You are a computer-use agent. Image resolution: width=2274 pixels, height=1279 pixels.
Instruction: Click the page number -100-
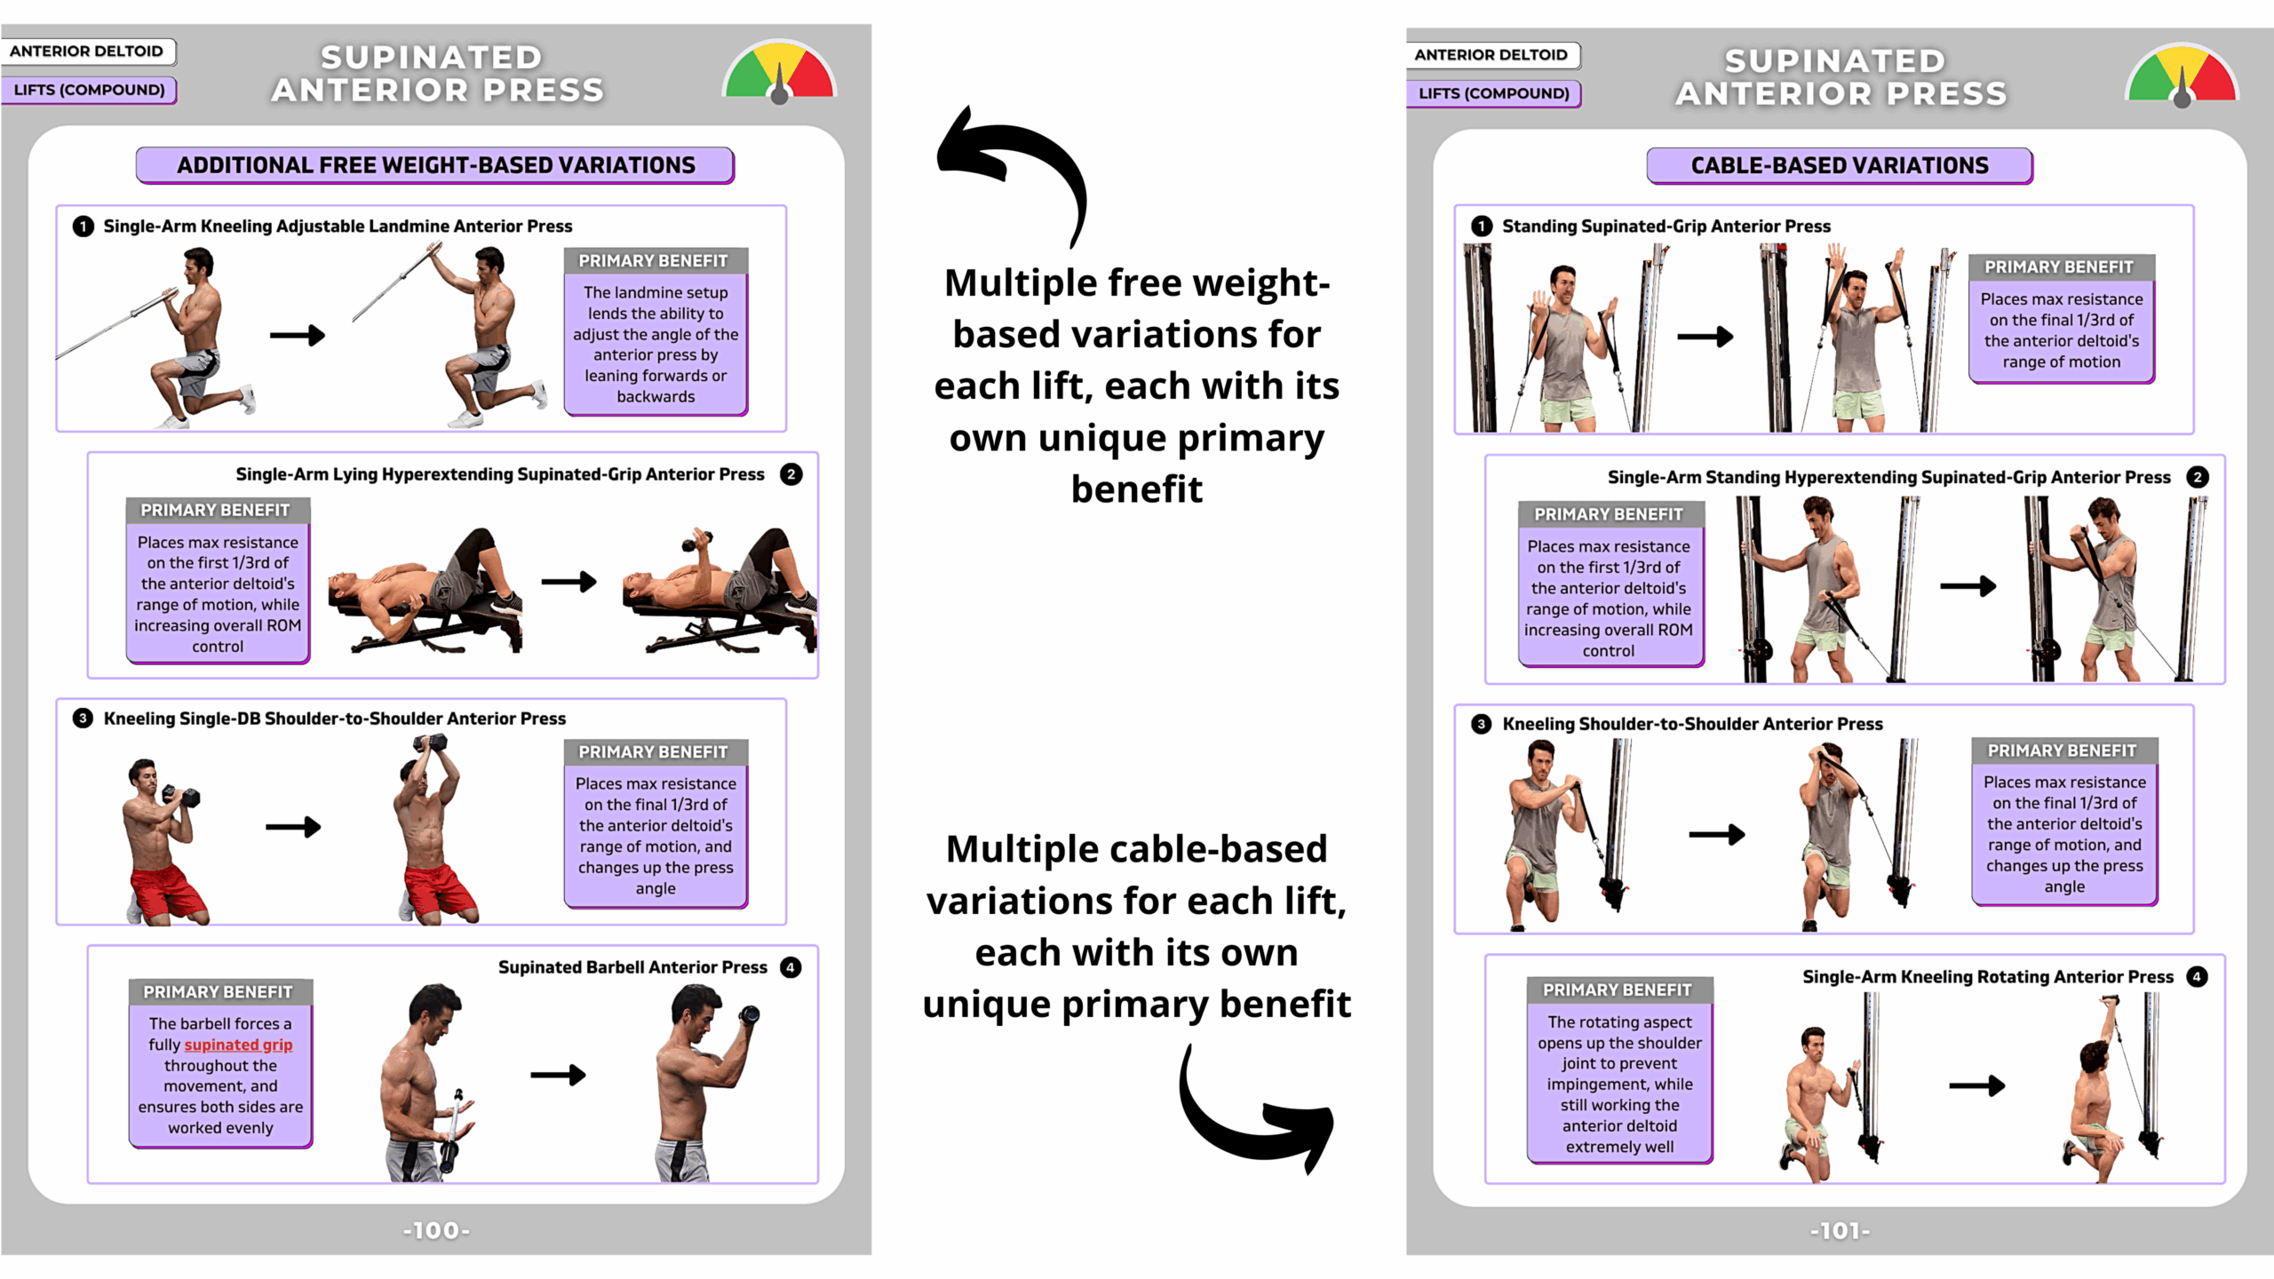click(436, 1230)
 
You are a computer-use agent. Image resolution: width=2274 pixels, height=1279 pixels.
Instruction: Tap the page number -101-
click(1840, 1230)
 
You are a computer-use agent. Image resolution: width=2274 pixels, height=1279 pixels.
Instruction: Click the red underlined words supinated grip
click(238, 1045)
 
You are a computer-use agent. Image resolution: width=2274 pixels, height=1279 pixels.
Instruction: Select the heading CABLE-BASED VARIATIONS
click(1839, 166)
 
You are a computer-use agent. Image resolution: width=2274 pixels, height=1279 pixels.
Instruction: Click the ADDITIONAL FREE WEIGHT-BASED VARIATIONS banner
click(435, 165)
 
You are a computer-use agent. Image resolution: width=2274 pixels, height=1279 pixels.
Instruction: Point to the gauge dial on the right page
click(2182, 75)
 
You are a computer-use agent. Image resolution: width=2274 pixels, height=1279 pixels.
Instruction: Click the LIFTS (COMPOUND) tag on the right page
click(1493, 93)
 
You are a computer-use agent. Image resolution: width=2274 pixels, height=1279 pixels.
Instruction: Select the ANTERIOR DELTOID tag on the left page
click(87, 52)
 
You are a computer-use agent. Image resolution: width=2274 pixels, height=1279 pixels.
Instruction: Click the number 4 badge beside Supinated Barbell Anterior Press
click(791, 967)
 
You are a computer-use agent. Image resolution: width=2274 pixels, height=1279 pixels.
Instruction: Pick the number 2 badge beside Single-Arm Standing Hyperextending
click(2198, 477)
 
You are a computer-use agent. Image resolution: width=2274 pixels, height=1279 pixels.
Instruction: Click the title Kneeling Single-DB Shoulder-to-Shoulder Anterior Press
click(334, 719)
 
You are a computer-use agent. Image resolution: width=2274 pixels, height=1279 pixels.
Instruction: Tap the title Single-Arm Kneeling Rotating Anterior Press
click(1987, 977)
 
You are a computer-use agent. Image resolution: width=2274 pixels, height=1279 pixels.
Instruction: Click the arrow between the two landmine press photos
click(298, 336)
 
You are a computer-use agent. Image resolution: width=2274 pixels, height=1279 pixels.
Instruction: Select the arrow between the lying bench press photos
click(568, 582)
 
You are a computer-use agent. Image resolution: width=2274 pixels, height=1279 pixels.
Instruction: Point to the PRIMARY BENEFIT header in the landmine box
click(654, 261)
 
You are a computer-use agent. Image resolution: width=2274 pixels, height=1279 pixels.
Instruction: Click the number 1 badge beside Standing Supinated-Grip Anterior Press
click(1482, 226)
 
